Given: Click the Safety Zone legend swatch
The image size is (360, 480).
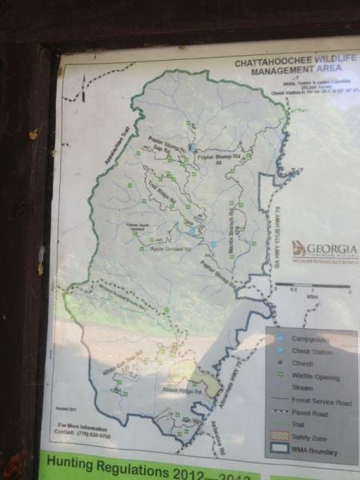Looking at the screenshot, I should [278, 438].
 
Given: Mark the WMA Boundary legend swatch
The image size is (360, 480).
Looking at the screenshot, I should [278, 452].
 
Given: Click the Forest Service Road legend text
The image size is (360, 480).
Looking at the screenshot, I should [322, 400].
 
